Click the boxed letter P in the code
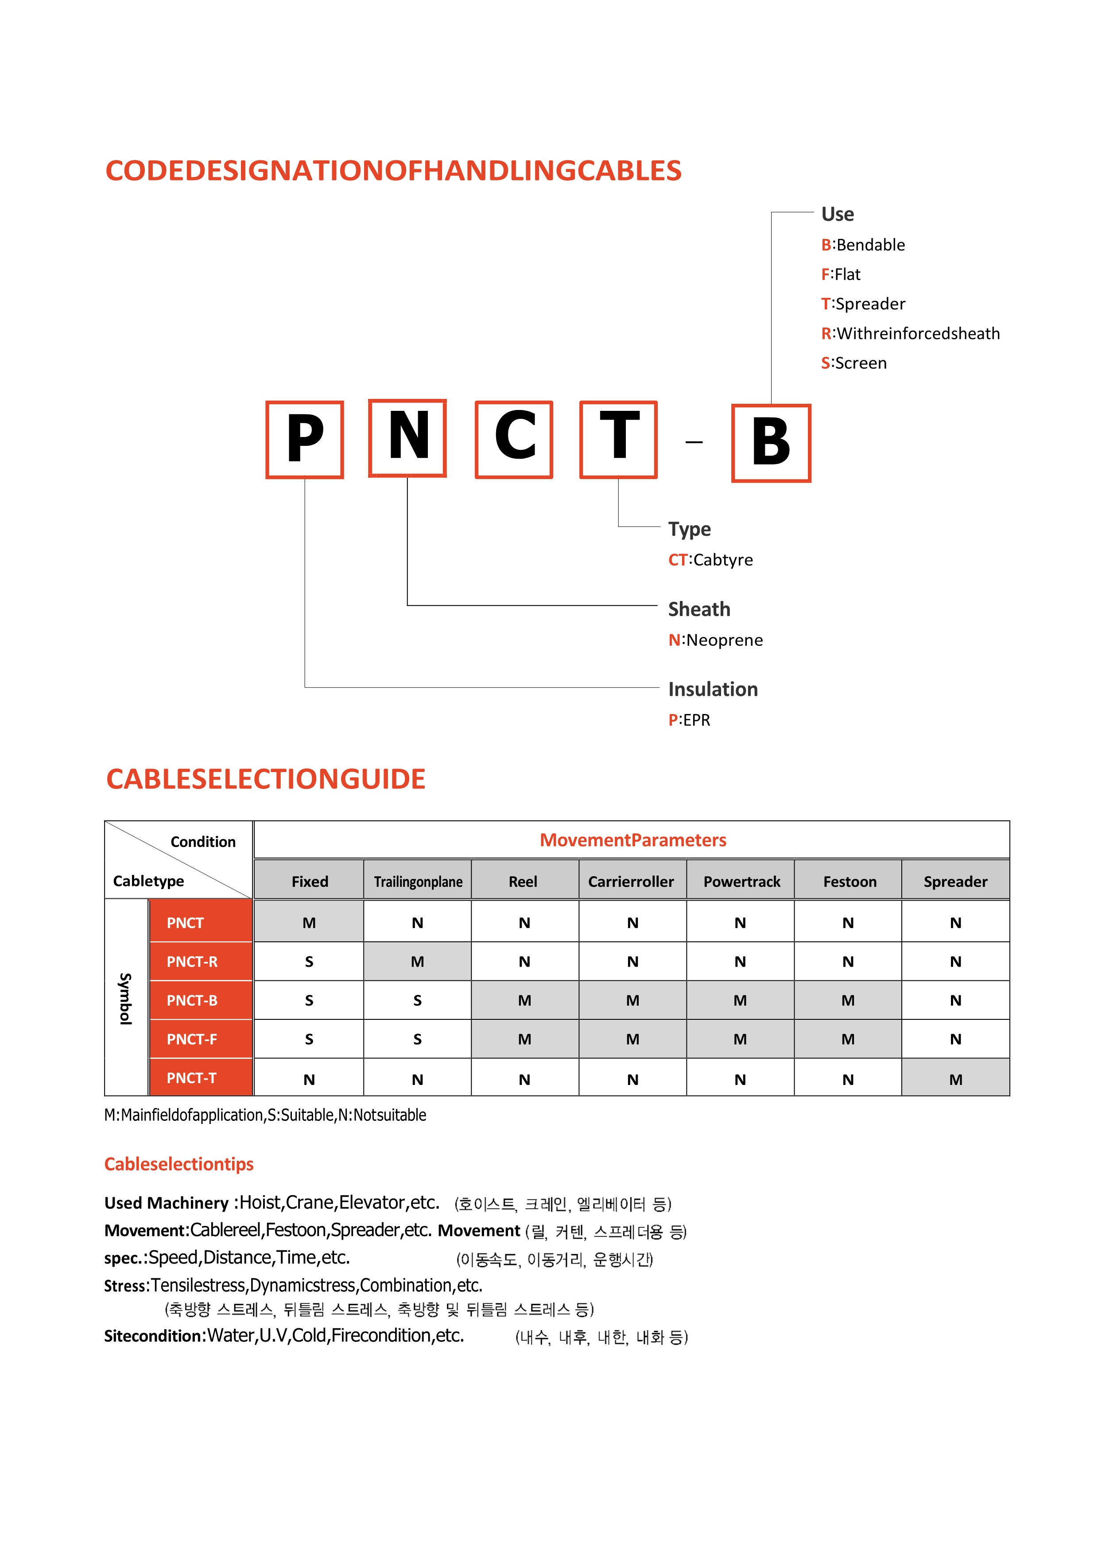[x=305, y=440]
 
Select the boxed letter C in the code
[x=514, y=440]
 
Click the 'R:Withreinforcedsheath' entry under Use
[x=910, y=333]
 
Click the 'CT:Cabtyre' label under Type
[x=710, y=560]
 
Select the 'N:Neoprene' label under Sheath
[x=715, y=640]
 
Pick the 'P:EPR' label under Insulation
[x=689, y=720]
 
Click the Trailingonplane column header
[x=418, y=882]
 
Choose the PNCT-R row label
[x=192, y=961]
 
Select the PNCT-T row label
[x=192, y=1078]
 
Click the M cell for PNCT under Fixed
[x=309, y=923]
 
